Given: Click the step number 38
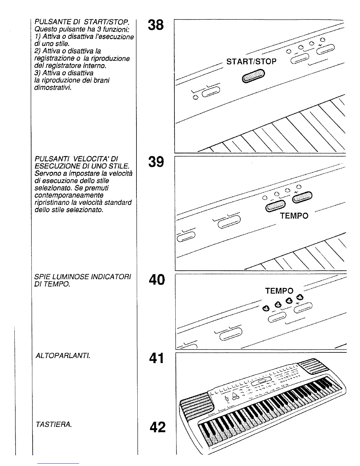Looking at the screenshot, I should click(x=156, y=25).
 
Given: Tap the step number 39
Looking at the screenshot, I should click(x=156, y=162).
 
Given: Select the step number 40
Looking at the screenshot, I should click(x=157, y=280).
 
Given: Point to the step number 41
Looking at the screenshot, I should click(x=156, y=358).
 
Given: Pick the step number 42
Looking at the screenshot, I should click(x=157, y=427).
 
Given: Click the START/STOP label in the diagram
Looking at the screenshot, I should click(x=251, y=62).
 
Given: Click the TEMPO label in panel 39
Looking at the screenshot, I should click(x=294, y=216).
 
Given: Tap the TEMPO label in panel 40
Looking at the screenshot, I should click(x=279, y=291).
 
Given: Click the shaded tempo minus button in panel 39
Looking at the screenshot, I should click(x=276, y=205).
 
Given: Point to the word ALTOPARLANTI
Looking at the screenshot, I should click(x=62, y=356).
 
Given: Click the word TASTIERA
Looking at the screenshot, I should click(x=53, y=425).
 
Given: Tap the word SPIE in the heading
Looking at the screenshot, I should click(x=41, y=277).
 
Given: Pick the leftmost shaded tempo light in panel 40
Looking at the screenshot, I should click(x=266, y=309).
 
